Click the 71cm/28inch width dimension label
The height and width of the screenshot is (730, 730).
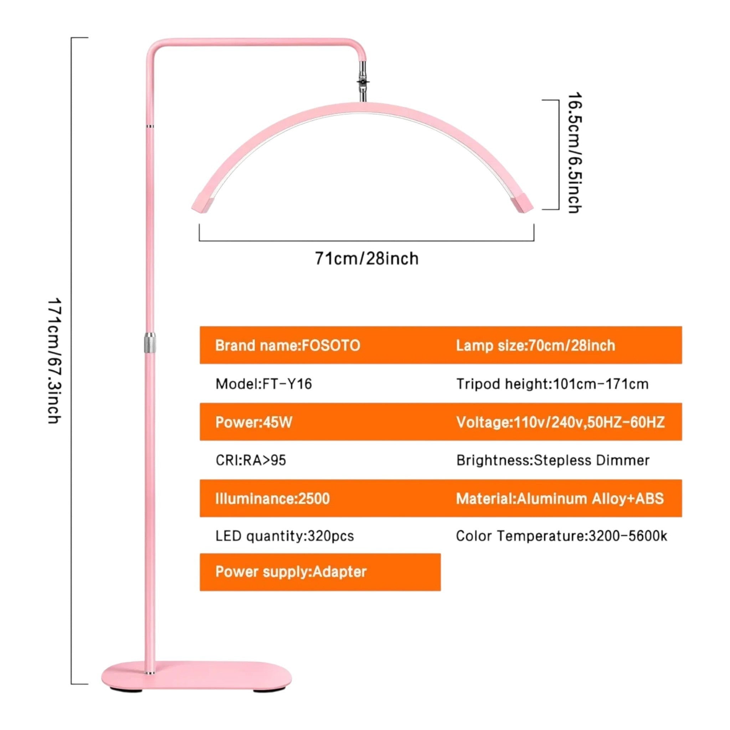[x=367, y=259]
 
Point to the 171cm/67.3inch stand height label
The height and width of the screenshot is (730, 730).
[x=55, y=361]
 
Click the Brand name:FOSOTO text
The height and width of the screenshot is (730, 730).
[x=288, y=345]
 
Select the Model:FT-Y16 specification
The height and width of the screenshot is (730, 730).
[x=264, y=384]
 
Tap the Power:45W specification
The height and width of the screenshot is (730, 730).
[x=253, y=422]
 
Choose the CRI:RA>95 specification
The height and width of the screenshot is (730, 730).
[x=251, y=460]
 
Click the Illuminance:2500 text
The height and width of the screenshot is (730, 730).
[x=272, y=499]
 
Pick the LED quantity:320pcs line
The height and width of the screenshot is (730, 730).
[x=284, y=536]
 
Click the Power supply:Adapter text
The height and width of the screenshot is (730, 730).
[x=291, y=571]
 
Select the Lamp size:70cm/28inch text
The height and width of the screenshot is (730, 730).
[x=535, y=345]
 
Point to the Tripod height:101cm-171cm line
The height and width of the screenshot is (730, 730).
[x=552, y=384]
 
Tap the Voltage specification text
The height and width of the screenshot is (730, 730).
[x=560, y=422]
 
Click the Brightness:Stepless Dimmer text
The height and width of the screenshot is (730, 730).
[x=553, y=460]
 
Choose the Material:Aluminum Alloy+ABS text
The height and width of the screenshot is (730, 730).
[x=560, y=499]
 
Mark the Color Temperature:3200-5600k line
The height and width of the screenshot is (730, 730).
[x=561, y=536]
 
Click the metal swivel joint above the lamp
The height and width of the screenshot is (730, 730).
[x=363, y=82]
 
